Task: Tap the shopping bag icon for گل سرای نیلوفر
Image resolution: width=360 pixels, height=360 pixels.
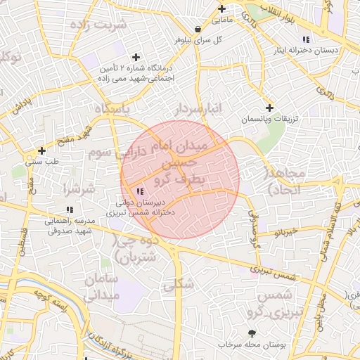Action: click(x=198, y=29)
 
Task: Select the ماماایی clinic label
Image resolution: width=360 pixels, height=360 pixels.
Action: click(x=223, y=20)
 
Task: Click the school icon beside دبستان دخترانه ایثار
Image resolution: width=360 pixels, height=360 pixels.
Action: click(x=306, y=39)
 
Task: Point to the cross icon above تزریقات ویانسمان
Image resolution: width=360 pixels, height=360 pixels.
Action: click(x=270, y=108)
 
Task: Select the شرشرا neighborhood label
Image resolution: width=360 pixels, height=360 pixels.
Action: click(x=78, y=188)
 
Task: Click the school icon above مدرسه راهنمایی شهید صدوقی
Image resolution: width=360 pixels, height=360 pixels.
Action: click(x=69, y=210)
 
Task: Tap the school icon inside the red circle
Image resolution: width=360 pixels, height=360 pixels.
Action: click(x=139, y=191)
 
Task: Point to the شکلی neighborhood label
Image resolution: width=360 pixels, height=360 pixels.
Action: click(x=178, y=285)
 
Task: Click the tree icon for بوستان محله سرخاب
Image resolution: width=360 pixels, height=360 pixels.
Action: click(x=252, y=333)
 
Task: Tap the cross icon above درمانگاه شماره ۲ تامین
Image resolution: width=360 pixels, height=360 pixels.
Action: click(x=136, y=56)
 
